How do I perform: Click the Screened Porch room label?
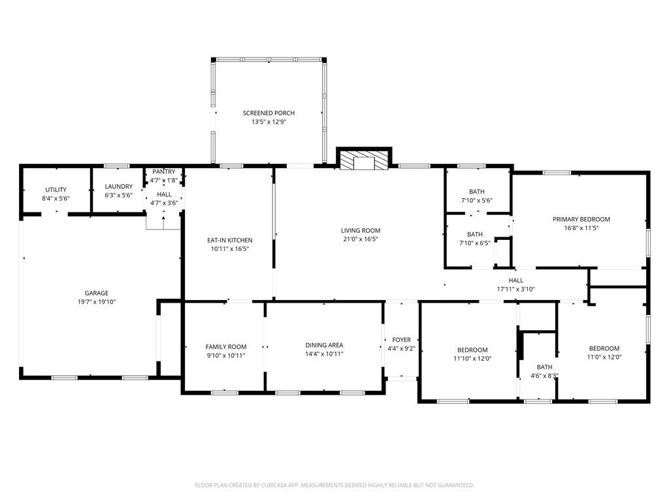[269, 113]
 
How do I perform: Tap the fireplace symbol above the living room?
[363, 160]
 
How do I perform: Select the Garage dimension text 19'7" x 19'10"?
[96, 302]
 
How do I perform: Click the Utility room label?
[56, 190]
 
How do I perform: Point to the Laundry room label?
[119, 186]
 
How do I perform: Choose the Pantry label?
[164, 172]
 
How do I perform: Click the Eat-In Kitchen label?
[229, 240]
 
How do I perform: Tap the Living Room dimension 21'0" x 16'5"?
[360, 239]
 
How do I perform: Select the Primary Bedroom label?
[581, 219]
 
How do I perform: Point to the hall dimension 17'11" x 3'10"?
[515, 289]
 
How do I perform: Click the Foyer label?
[401, 340]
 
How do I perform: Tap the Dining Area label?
[324, 345]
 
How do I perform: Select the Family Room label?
[226, 346]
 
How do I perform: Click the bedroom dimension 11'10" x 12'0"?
[472, 358]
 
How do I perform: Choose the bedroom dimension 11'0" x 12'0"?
[604, 357]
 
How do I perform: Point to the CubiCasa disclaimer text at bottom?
[334, 485]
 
